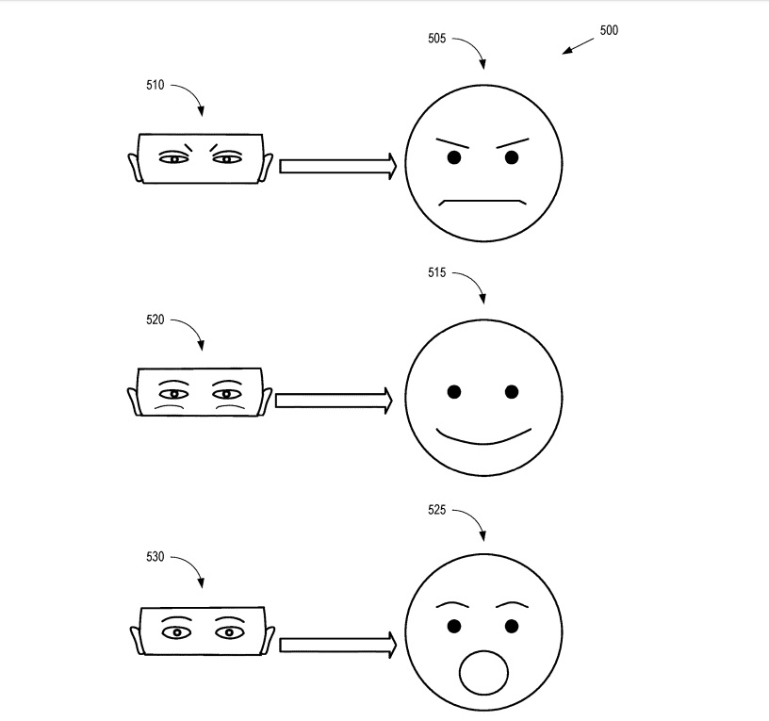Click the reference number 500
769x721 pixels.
coord(608,30)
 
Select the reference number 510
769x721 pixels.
coord(155,85)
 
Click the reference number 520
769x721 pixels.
coord(155,320)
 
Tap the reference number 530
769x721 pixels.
coord(155,557)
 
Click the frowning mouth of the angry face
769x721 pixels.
coord(483,201)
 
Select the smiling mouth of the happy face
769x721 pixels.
coord(483,438)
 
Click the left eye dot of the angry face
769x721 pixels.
coord(453,157)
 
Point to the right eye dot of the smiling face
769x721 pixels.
coord(511,391)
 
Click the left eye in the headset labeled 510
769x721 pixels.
coord(173,158)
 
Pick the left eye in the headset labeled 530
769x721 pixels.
coord(173,631)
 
